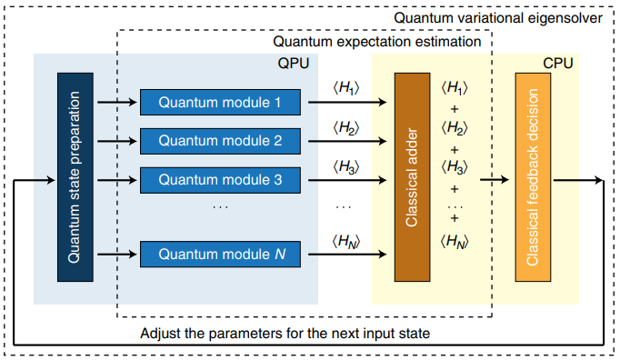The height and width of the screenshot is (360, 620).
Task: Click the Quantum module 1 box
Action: tap(219, 103)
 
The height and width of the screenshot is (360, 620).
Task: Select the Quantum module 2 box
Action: tap(219, 141)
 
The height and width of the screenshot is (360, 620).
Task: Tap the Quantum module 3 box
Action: tap(219, 179)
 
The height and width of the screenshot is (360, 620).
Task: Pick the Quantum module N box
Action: tap(219, 254)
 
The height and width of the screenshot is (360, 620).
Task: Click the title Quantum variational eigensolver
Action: tap(499, 18)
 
